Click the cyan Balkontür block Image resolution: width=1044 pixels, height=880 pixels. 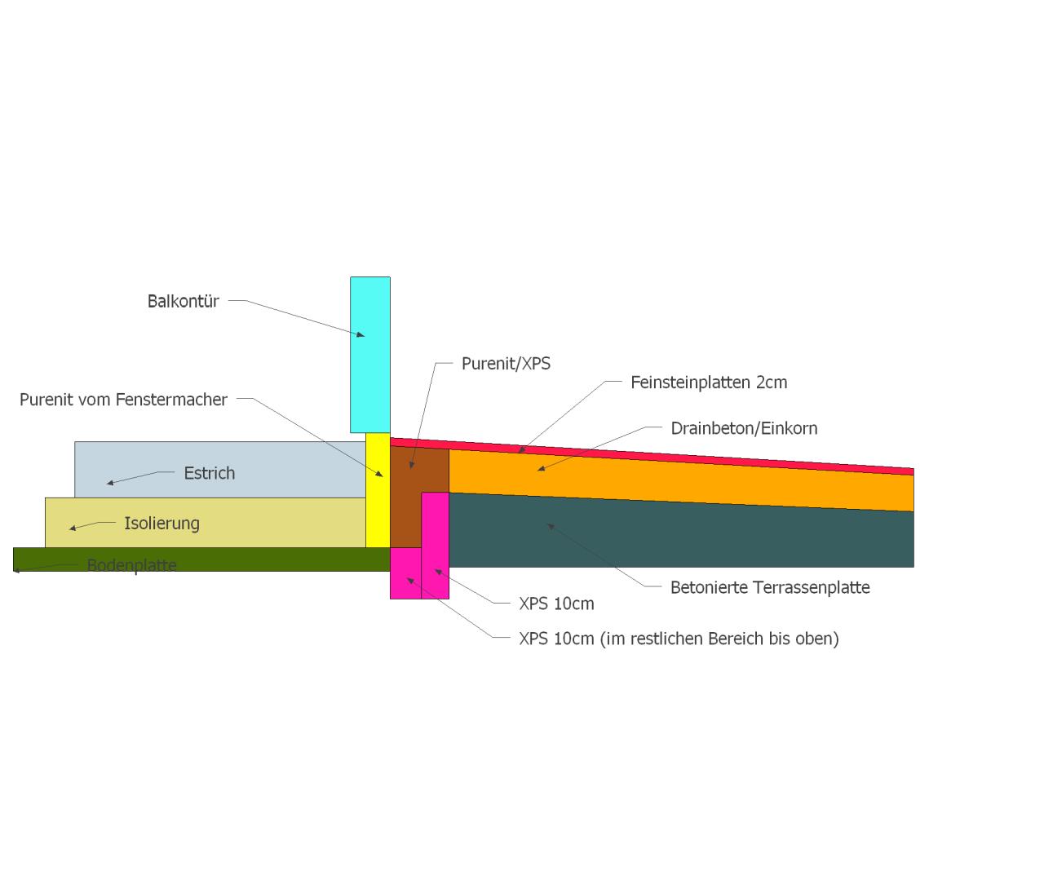click(370, 355)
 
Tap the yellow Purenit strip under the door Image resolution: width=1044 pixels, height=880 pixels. click(378, 490)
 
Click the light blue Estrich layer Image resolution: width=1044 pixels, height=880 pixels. click(220, 470)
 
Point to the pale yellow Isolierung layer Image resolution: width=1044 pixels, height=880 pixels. click(205, 523)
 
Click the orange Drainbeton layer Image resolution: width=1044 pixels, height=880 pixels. click(681, 480)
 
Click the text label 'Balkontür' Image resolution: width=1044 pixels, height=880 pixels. click(183, 302)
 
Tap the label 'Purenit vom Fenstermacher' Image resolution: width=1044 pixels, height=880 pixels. click(123, 400)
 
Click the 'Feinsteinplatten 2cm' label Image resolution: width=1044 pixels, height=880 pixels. click(709, 383)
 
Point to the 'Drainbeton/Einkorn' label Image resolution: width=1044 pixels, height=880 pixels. click(744, 428)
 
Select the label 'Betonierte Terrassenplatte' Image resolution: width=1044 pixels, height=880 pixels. click(770, 587)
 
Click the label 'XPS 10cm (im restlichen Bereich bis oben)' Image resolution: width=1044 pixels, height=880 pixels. click(679, 639)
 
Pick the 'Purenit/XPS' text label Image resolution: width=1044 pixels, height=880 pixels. click(506, 364)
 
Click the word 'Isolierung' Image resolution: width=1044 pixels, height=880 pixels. click(162, 524)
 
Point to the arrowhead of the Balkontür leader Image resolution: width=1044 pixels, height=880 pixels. click(361, 335)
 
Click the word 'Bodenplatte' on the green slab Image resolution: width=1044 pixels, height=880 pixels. click(132, 565)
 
